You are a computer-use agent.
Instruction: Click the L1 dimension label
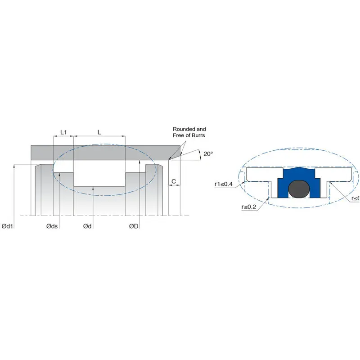[x=63, y=132]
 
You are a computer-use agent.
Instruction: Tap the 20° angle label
[x=208, y=154]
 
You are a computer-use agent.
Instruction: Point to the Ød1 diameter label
[x=8, y=226]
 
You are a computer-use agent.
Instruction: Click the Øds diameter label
[x=52, y=226]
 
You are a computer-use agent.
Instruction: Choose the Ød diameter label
[x=88, y=226]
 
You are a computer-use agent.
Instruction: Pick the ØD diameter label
[x=134, y=226]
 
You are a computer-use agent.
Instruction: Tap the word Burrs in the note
[x=198, y=135]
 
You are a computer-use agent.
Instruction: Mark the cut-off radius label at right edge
[x=355, y=198]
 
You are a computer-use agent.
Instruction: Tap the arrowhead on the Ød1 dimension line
[x=15, y=166]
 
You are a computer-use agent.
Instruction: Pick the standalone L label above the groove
[x=99, y=132]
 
